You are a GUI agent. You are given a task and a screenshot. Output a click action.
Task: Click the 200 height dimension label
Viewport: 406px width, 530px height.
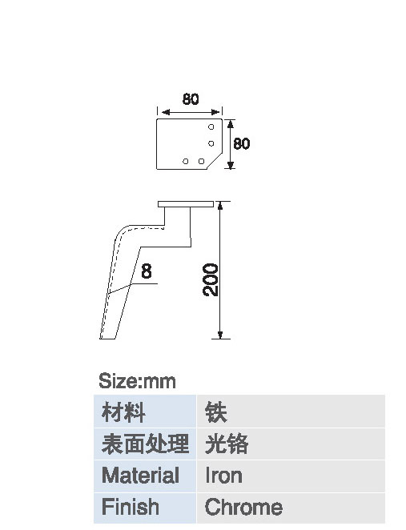211,279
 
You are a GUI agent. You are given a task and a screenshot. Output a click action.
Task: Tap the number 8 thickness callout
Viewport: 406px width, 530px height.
146,271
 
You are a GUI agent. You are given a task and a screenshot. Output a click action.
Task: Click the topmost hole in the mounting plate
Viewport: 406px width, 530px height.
211,127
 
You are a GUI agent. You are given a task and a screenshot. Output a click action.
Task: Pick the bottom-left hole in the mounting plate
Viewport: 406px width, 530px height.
185,161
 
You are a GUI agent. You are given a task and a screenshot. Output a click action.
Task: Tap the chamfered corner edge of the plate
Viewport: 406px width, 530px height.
215,160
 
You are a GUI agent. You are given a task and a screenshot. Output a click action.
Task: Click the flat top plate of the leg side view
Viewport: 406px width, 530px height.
186,204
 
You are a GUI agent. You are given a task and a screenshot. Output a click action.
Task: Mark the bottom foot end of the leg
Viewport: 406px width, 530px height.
108,338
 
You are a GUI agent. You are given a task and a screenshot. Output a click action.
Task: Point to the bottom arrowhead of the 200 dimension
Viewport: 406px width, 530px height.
220,335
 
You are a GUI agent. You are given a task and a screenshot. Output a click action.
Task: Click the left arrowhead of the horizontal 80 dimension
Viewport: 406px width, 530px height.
166,112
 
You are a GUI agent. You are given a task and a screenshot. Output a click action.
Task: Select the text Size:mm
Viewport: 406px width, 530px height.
137,381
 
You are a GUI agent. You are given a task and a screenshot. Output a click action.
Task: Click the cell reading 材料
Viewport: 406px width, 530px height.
145,412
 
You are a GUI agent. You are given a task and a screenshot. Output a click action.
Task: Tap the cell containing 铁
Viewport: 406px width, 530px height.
291,412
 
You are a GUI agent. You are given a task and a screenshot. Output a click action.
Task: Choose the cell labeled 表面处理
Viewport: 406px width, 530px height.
145,444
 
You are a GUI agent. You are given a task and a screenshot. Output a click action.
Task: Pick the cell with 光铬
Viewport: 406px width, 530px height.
291,444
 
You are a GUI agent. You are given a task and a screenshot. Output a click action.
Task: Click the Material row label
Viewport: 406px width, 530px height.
140,476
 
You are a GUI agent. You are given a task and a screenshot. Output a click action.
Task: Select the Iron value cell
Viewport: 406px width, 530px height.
291,476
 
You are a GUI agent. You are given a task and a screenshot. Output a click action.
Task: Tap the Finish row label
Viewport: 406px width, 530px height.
131,507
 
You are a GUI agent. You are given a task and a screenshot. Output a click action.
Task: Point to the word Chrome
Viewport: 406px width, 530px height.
243,507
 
